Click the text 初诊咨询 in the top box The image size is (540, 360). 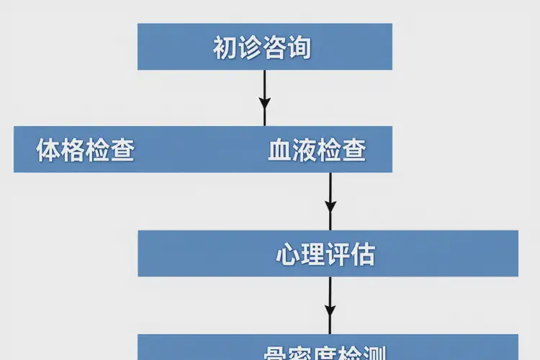coord(262,48)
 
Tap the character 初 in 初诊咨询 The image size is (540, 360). coord(225,48)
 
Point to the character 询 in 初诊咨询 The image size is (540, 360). coord(300,48)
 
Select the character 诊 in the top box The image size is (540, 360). coord(250,48)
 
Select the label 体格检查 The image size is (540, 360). coord(86,150)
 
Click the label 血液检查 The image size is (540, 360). coord(317,150)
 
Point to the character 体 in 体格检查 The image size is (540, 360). coord(48,150)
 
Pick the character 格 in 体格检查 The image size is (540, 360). coord(73,150)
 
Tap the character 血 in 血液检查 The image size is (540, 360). coord(280,150)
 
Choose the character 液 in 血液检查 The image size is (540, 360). coord(305,150)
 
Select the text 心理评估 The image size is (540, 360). coord(325,254)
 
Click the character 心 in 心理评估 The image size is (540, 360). coord(288,254)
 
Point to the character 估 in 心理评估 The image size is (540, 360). coord(363,254)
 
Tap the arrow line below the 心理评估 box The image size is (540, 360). coord(330,292)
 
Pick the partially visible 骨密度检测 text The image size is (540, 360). coord(325,353)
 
